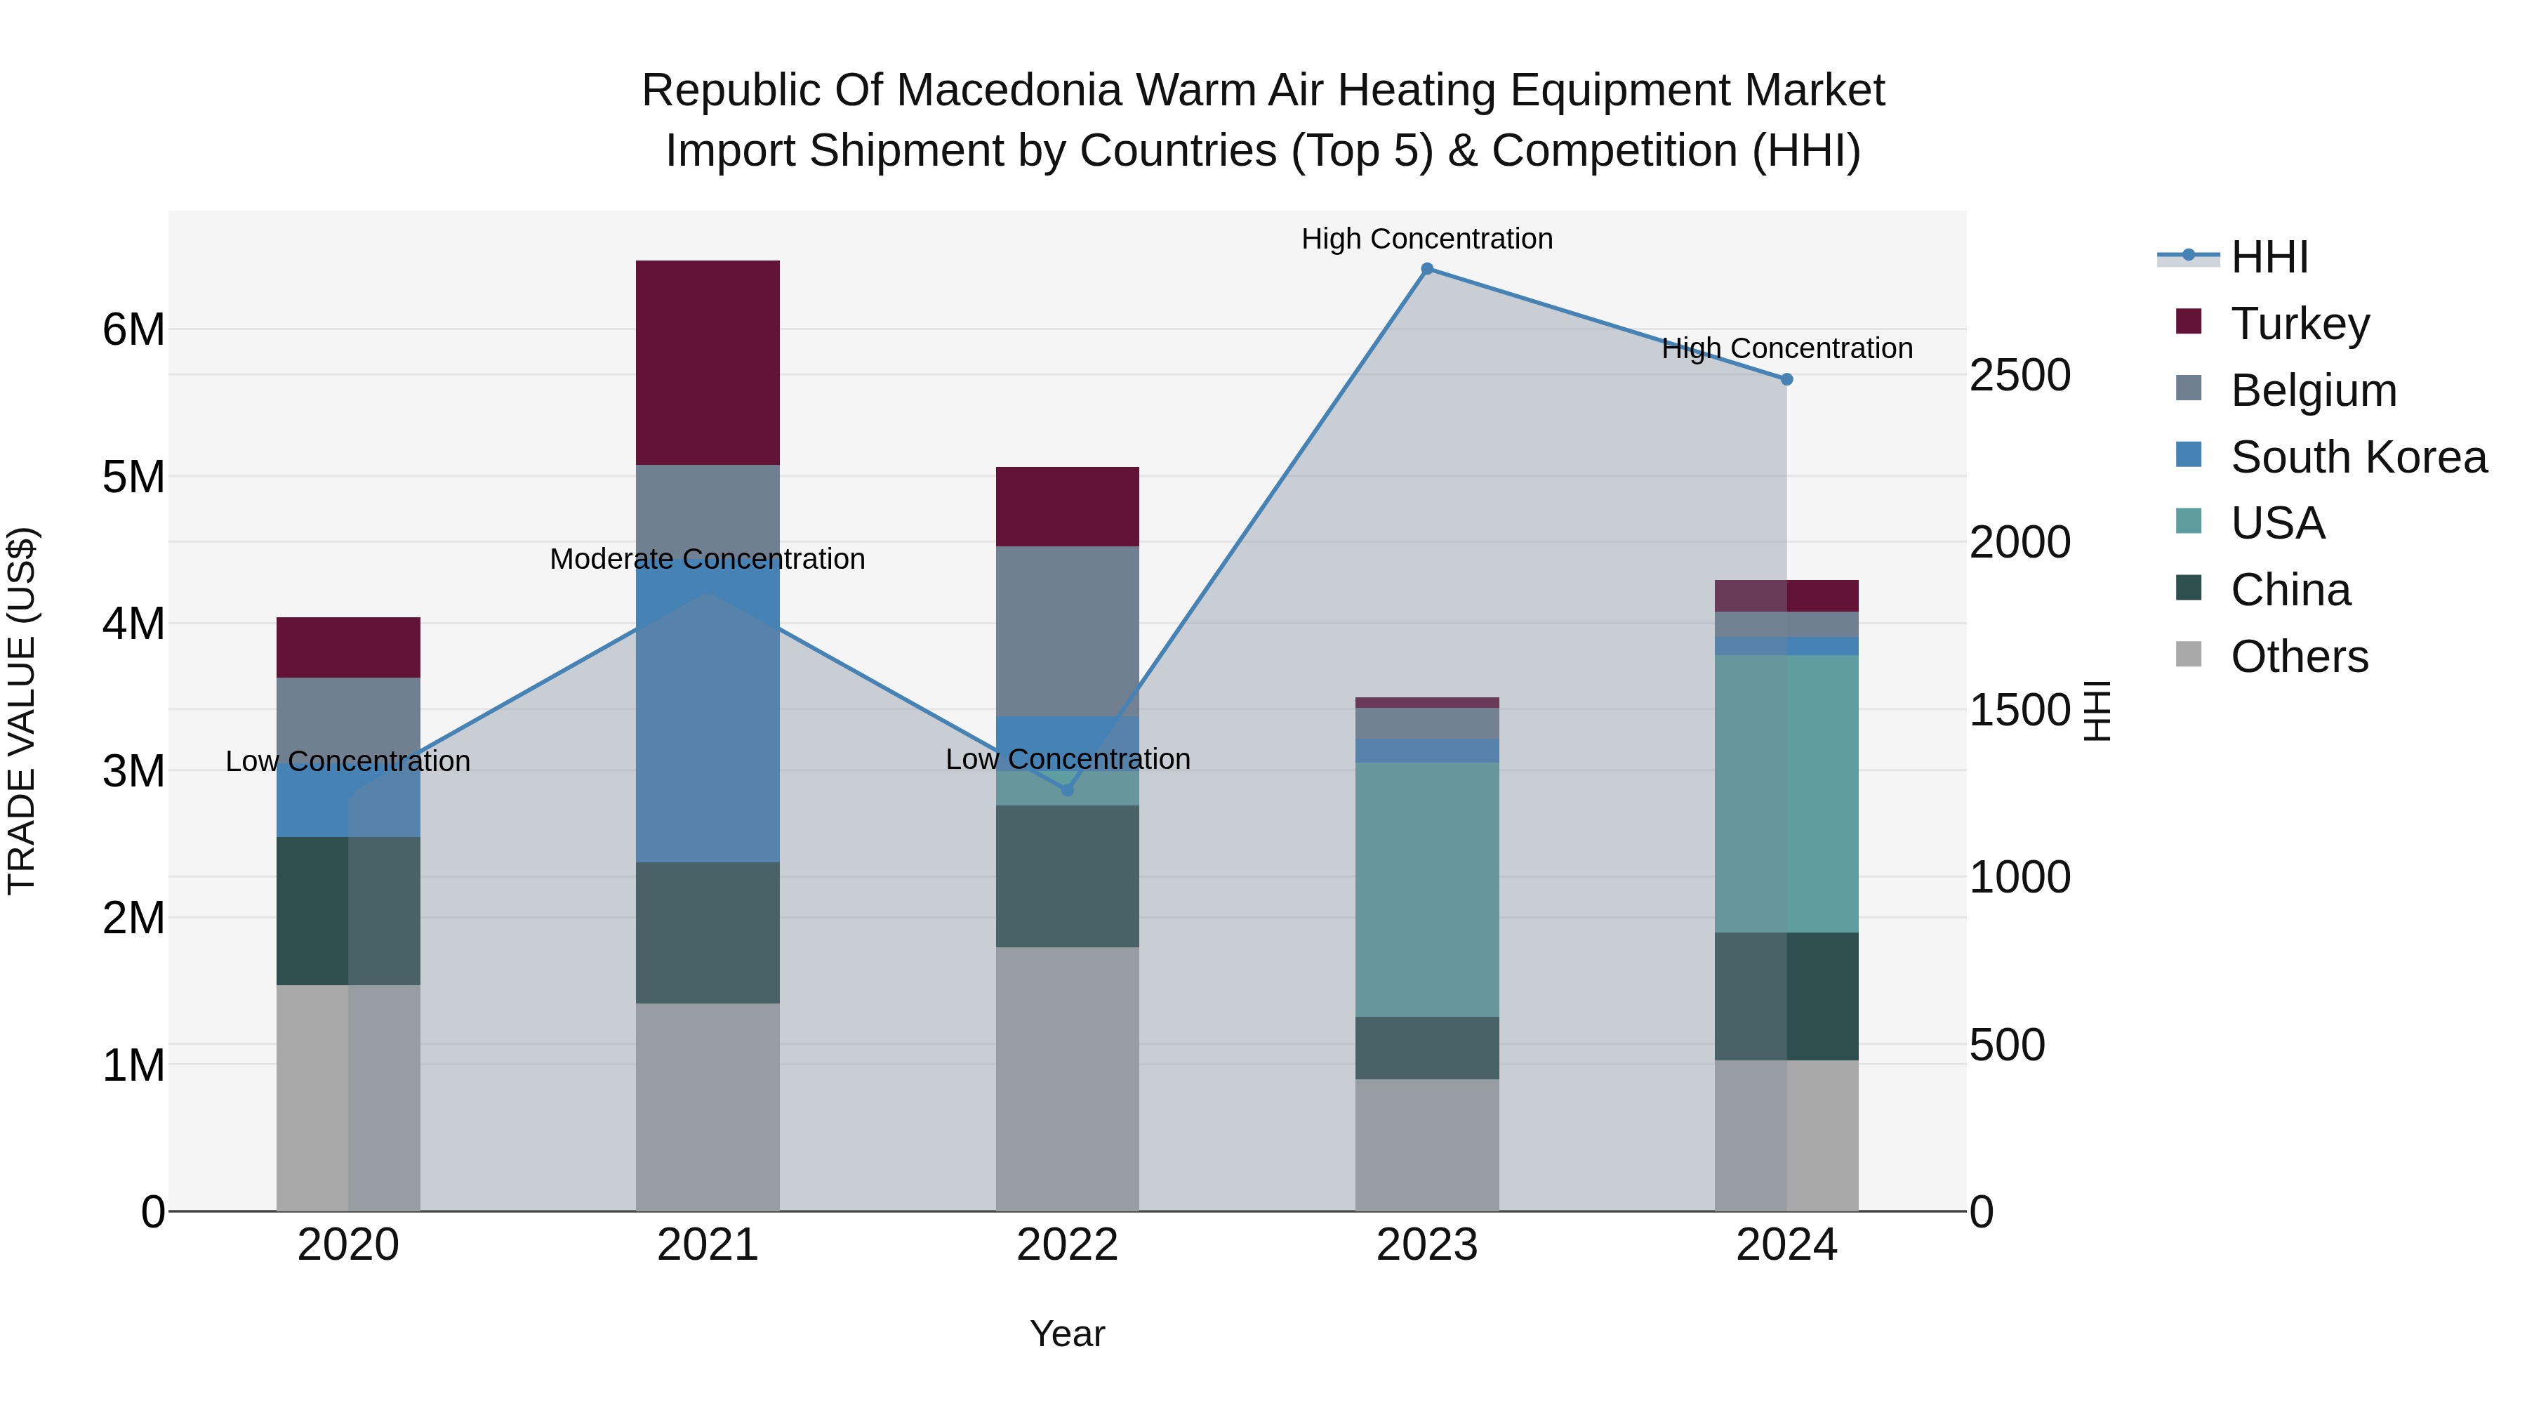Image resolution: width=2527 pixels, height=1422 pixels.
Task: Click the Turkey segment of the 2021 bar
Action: (x=708, y=362)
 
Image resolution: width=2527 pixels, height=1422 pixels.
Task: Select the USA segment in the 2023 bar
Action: (x=1426, y=889)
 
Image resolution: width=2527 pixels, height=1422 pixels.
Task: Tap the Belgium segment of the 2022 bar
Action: (x=1067, y=631)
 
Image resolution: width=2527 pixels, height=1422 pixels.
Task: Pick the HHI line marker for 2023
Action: (x=1427, y=269)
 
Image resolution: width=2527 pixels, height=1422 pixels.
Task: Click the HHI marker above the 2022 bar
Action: (x=1067, y=790)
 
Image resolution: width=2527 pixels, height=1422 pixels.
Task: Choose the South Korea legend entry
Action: (x=2359, y=457)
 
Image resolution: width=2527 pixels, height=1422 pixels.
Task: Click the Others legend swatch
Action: (x=2189, y=654)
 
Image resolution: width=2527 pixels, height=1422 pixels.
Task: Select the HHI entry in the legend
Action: (x=2269, y=257)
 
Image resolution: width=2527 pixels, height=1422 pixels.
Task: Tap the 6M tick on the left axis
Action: (x=133, y=330)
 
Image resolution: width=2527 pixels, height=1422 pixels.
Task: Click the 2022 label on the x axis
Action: (x=1067, y=1245)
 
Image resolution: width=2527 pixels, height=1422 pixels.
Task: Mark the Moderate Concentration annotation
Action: (x=708, y=560)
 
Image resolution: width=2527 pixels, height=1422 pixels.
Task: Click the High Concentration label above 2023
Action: (x=1426, y=239)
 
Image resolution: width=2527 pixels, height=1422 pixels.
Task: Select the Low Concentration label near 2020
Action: (x=347, y=761)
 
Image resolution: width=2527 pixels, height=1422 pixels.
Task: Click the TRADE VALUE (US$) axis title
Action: (x=22, y=711)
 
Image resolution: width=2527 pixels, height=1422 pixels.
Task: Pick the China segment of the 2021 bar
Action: (x=708, y=933)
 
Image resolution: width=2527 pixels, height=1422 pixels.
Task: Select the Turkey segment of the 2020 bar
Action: (x=348, y=647)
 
